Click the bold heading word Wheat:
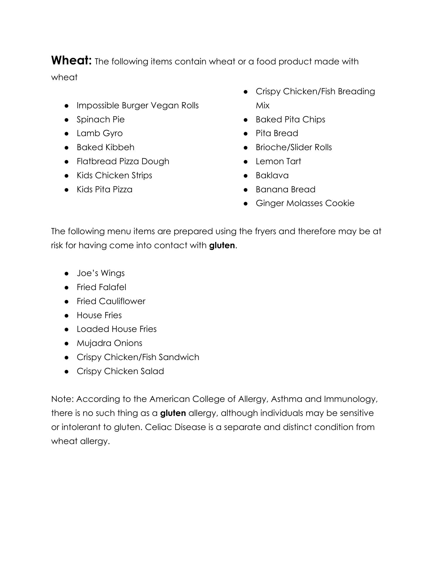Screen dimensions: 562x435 72,61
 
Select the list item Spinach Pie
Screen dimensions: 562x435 101,119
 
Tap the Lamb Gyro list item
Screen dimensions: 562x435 100,133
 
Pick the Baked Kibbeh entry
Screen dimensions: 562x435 106,147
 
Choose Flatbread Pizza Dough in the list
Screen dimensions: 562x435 123,161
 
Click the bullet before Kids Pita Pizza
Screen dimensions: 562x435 67,190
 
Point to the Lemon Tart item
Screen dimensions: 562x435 278,161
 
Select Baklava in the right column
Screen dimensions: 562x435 272,175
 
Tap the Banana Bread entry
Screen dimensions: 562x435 286,189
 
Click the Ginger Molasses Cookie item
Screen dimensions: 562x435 305,203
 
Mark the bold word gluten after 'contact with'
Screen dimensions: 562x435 222,245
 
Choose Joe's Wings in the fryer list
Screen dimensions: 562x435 101,273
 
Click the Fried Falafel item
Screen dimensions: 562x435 101,287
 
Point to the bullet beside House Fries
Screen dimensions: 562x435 67,316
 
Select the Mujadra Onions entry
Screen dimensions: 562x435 109,343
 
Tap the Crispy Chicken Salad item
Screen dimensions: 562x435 120,371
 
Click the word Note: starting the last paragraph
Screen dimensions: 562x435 62,399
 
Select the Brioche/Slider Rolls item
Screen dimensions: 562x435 294,147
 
